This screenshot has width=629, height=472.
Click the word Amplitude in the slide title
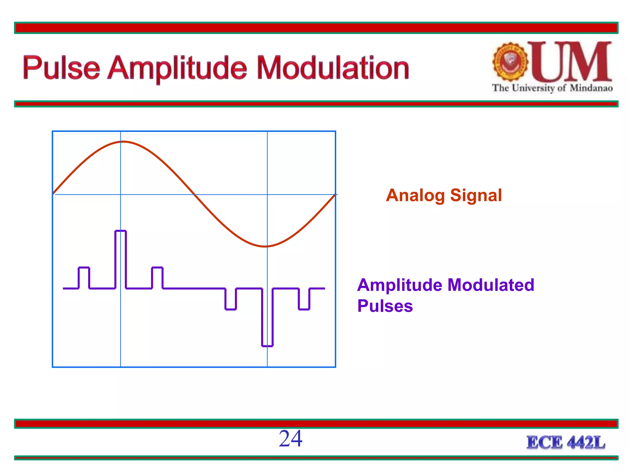pyautogui.click(x=177, y=68)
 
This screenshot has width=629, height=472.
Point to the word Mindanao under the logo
pyautogui.click(x=591, y=88)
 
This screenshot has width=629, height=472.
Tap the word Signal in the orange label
pyautogui.click(x=476, y=195)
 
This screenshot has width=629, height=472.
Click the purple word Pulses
pyautogui.click(x=385, y=306)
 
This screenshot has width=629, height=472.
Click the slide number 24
pyautogui.click(x=291, y=439)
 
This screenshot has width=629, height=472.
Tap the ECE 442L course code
pyautogui.click(x=566, y=442)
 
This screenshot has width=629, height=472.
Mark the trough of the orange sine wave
pyautogui.click(x=265, y=246)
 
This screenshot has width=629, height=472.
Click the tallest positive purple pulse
pyautogui.click(x=120, y=258)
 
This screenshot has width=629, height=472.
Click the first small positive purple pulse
pyautogui.click(x=84, y=277)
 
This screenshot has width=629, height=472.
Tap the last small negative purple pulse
pyautogui.click(x=304, y=299)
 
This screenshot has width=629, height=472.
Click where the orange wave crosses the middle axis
pyautogui.click(x=194, y=195)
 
